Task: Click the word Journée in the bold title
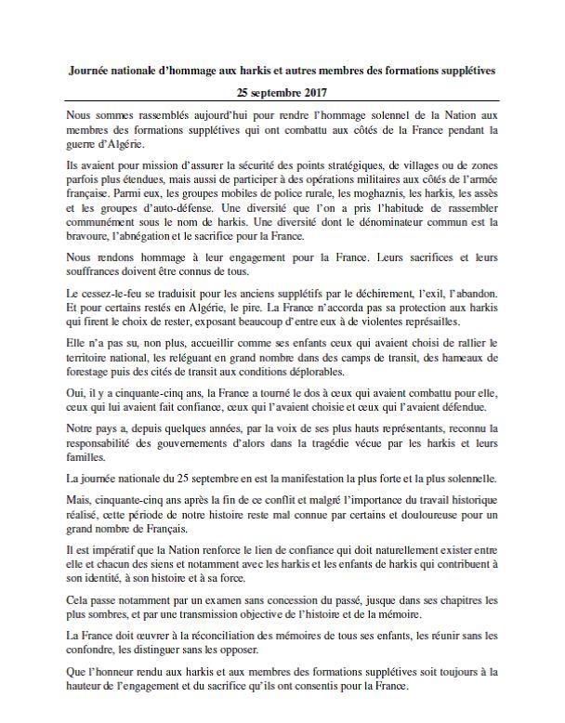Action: click(96, 71)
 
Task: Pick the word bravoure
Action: click(92, 238)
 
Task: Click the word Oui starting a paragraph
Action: click(77, 393)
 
